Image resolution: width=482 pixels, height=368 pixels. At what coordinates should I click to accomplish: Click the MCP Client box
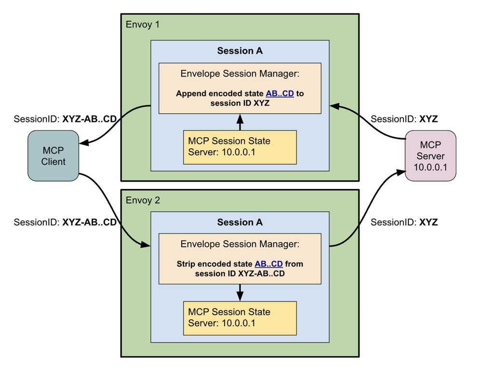pos(53,156)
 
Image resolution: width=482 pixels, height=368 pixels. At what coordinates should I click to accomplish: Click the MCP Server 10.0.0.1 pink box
pos(430,156)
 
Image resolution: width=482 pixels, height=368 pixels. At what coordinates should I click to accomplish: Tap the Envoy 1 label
pos(142,25)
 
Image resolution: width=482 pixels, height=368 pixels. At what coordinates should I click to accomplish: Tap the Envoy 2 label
pos(142,199)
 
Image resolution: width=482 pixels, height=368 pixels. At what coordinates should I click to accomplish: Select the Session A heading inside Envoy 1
pos(240,52)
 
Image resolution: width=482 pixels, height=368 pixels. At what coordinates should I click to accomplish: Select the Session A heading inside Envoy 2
pos(240,222)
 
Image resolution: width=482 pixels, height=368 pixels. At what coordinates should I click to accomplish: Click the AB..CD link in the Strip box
pos(268,264)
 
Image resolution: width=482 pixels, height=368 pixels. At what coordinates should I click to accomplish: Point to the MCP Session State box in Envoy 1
pos(240,147)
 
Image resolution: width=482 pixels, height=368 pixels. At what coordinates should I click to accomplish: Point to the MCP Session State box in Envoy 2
pos(240,317)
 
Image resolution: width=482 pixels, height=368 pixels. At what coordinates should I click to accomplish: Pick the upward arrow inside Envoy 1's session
pos(240,122)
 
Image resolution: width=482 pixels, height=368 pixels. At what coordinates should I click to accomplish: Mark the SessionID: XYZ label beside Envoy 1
pos(404,119)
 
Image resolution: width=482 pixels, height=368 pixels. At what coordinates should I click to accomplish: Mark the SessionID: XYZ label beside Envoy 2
pos(404,222)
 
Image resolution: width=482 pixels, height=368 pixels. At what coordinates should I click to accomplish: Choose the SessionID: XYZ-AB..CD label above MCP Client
pos(66,119)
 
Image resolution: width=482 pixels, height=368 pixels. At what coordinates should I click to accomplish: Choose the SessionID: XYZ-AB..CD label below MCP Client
pos(66,222)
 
